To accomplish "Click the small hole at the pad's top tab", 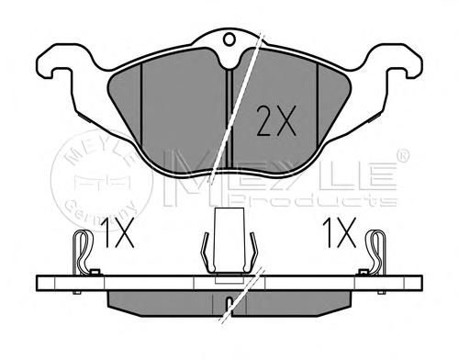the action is coord(229,39).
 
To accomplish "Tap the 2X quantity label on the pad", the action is coord(276,120).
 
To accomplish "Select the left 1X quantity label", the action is coord(118,232).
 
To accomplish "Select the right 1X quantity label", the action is coord(340,232).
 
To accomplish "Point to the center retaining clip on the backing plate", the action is coord(229,242).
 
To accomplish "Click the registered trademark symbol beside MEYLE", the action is coord(403,155).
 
